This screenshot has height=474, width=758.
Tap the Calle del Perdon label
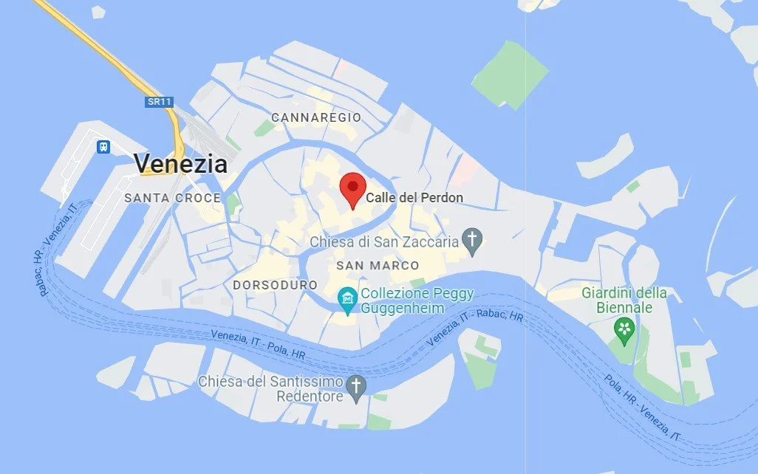pyautogui.click(x=415, y=198)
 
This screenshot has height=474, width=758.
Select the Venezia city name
pyautogui.click(x=180, y=162)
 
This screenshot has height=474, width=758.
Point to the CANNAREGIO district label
pyautogui.click(x=316, y=117)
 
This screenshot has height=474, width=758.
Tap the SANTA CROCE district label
pyautogui.click(x=172, y=198)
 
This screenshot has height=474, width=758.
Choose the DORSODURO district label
pyautogui.click(x=275, y=285)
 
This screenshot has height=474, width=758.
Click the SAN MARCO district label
pyautogui.click(x=378, y=265)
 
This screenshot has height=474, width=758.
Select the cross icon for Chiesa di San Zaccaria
pyautogui.click(x=472, y=238)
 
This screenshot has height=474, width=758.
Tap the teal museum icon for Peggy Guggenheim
pyautogui.click(x=346, y=298)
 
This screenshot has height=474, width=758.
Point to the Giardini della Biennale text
pyautogui.click(x=624, y=300)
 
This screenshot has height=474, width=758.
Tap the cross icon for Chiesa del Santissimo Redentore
pyautogui.click(x=357, y=385)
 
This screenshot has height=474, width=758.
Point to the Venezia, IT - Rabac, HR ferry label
pyautogui.click(x=476, y=326)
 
